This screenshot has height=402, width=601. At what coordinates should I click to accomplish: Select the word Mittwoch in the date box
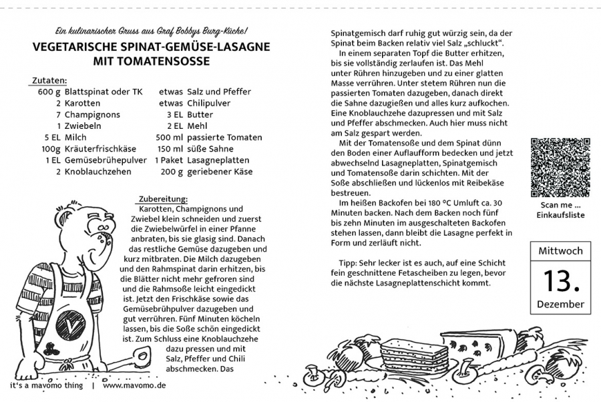click(560, 251)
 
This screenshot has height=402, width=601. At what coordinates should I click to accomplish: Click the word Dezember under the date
click(560, 305)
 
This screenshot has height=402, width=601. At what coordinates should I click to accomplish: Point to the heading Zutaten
click(49, 80)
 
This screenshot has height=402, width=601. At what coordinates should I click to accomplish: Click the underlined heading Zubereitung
click(163, 198)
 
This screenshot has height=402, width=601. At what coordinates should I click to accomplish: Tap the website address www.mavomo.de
click(134, 386)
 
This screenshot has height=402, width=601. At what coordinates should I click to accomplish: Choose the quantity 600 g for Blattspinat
click(49, 92)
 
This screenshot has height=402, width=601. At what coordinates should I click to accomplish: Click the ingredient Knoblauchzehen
click(98, 172)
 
